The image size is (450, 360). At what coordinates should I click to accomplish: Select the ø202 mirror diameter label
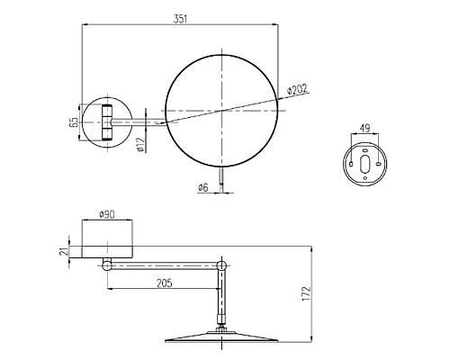[x=298, y=89]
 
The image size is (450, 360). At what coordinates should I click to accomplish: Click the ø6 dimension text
[x=204, y=187]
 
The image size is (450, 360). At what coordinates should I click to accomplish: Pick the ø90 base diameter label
[x=108, y=215]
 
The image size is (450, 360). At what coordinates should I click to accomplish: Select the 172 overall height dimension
[x=306, y=292]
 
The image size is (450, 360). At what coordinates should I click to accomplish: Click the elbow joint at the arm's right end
[x=221, y=265]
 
